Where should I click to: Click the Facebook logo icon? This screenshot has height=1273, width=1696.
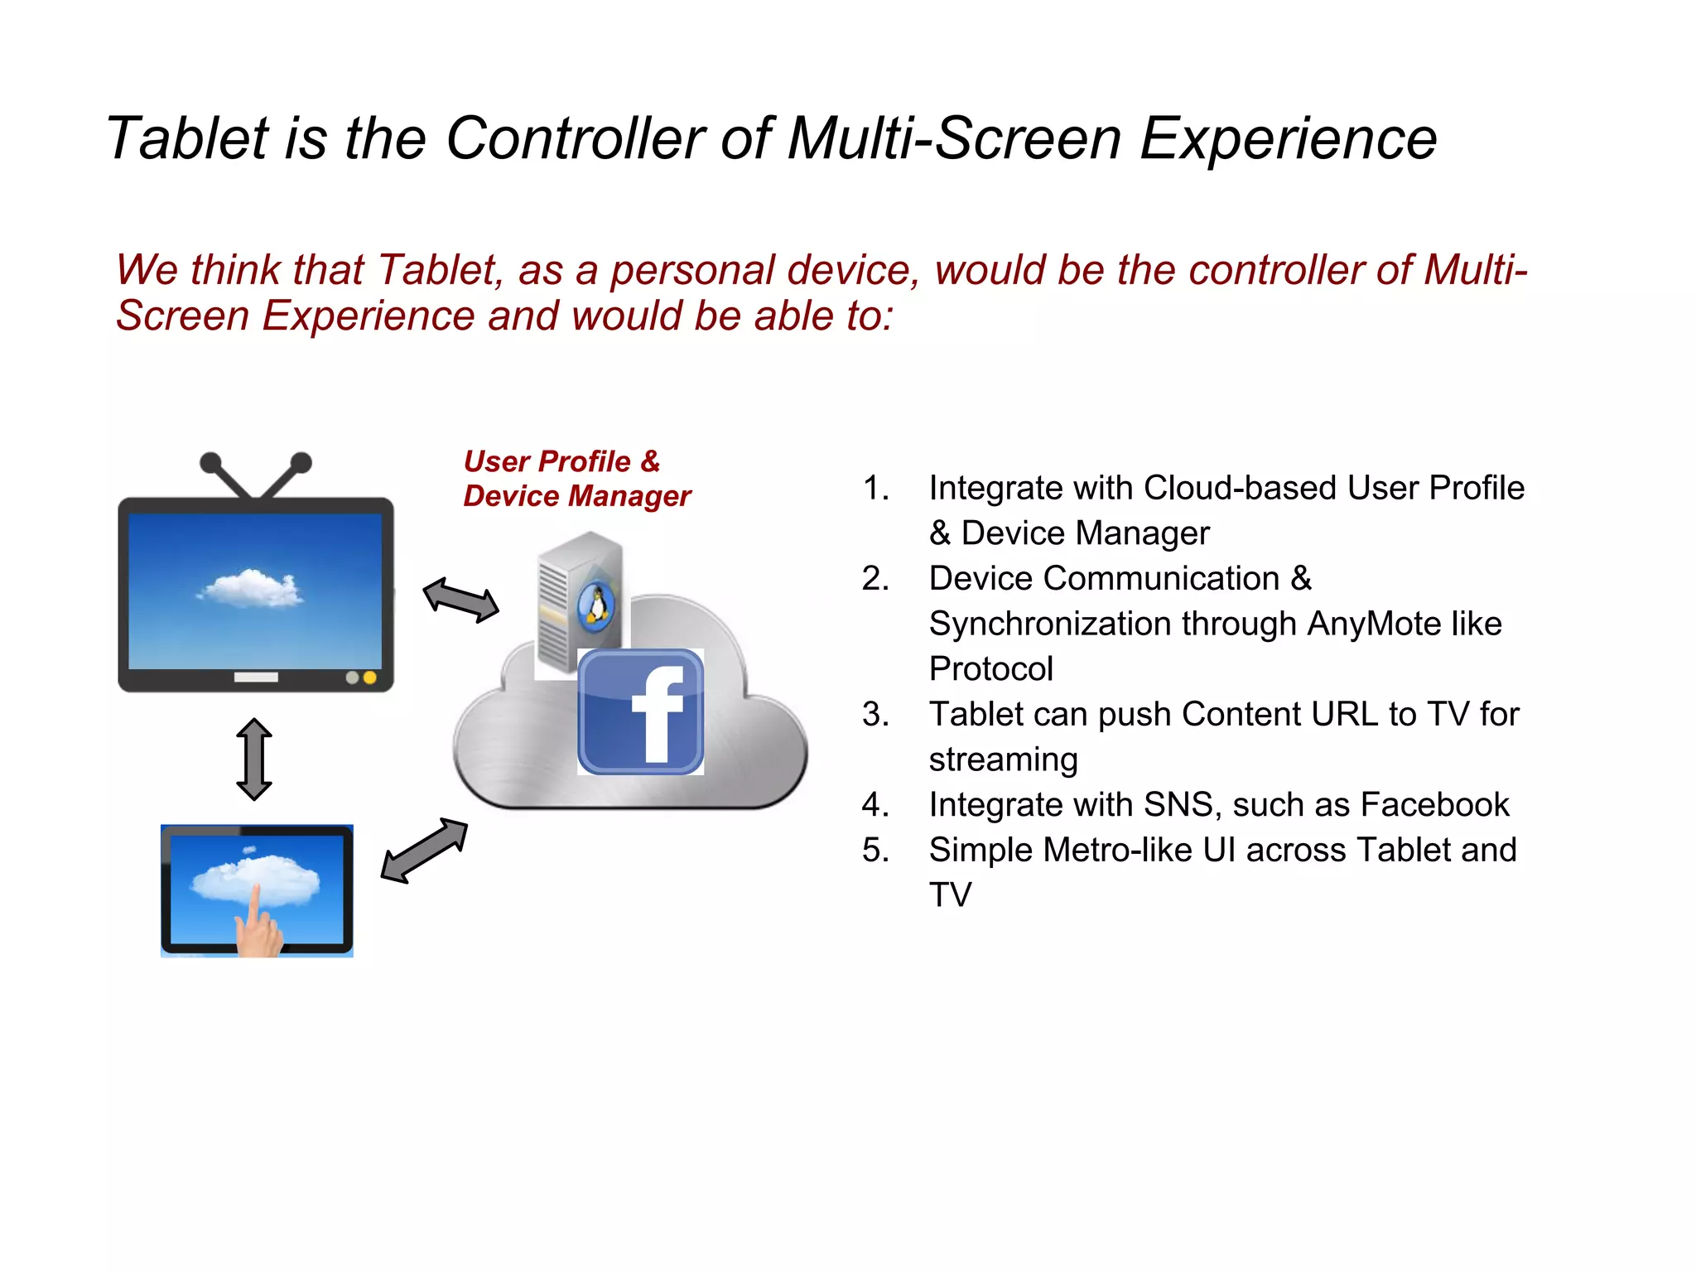(640, 711)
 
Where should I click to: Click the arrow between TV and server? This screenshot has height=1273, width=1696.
(460, 600)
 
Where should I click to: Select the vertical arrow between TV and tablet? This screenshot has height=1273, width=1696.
(254, 759)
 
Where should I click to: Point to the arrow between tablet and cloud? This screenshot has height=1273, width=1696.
(424, 851)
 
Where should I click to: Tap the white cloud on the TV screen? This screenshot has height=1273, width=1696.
(250, 588)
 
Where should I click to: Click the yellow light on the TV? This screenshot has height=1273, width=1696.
(370, 677)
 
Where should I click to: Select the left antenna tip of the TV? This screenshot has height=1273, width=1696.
(211, 461)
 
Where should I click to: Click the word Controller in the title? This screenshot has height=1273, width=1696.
(575, 138)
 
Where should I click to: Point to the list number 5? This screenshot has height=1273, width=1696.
(874, 851)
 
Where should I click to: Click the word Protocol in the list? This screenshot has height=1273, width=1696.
(990, 669)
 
